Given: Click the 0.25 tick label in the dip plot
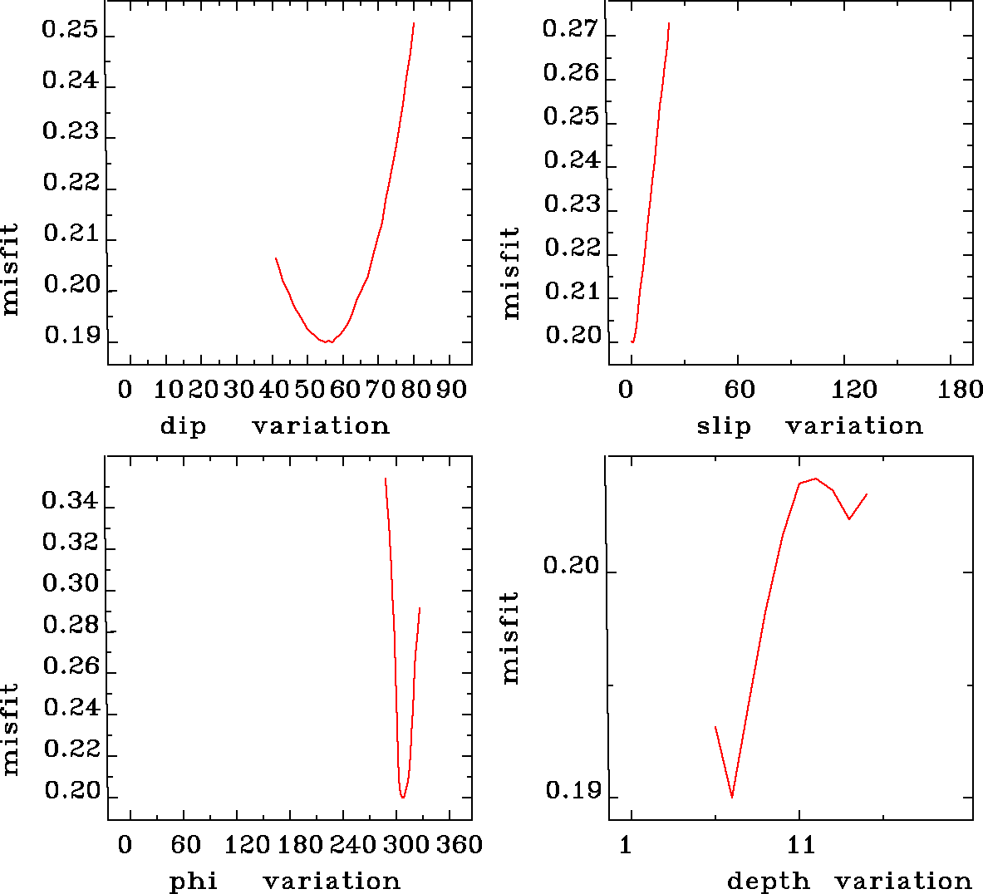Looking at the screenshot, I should click(x=70, y=32).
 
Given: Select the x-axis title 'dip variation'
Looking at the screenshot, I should click(x=274, y=426).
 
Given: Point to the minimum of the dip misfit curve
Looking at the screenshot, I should click(x=330, y=341).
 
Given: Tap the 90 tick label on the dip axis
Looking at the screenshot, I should click(x=451, y=390).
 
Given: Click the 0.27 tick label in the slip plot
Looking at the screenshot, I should click(x=570, y=30).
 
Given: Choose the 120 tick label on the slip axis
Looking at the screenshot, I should click(x=855, y=390).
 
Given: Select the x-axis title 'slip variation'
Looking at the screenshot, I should click(x=809, y=426).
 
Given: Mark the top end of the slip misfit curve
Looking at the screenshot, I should click(x=668, y=23).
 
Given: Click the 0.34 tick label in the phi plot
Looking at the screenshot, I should click(x=70, y=501).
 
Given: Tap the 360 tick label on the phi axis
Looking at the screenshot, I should click(x=460, y=845).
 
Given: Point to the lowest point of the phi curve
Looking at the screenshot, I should click(x=402, y=798).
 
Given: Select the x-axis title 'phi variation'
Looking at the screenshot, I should click(x=285, y=881).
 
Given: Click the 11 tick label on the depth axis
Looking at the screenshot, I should click(x=801, y=845).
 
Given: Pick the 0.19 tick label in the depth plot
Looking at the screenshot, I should click(x=572, y=791).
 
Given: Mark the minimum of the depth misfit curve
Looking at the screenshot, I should click(x=732, y=797).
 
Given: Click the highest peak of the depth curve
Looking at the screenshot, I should click(x=816, y=479).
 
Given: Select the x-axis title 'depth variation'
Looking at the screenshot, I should click(x=848, y=881).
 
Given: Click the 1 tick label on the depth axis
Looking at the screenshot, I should click(x=626, y=845).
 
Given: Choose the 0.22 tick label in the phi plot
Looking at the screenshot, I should click(x=71, y=749).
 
